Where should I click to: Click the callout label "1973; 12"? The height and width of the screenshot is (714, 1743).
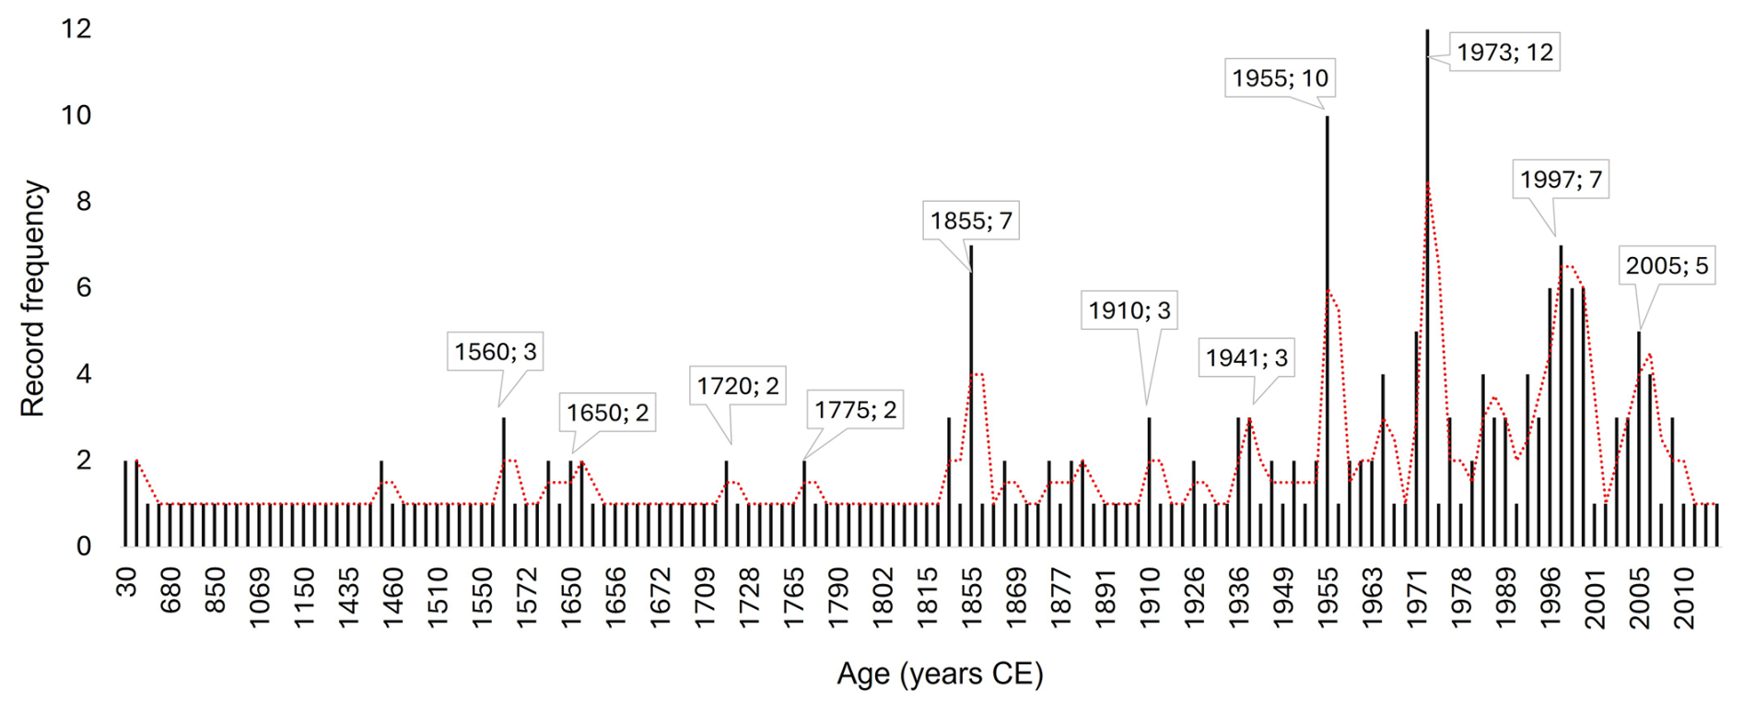tap(1505, 53)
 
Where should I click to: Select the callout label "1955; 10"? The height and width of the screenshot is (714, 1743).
tap(1281, 78)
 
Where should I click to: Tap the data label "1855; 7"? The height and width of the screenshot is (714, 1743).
tap(971, 221)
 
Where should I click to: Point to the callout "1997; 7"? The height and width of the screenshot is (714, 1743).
tap(1562, 179)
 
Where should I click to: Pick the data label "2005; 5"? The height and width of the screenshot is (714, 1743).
tap(1667, 266)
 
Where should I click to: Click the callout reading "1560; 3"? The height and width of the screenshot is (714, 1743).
tap(495, 351)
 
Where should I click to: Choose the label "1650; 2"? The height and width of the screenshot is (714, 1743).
tap(607, 413)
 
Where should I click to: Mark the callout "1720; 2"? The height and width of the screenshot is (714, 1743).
tap(738, 385)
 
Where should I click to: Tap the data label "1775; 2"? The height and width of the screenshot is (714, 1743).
tap(855, 409)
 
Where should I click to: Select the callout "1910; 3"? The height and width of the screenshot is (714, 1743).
tap(1129, 310)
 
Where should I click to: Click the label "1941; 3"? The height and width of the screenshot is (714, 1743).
tap(1246, 357)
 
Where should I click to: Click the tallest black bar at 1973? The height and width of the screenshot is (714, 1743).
tap(1427, 276)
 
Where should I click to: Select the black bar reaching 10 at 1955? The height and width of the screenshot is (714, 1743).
tap(1328, 322)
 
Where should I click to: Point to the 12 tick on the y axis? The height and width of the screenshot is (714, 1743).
tap(76, 29)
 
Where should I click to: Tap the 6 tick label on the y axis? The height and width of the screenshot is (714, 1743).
tap(84, 287)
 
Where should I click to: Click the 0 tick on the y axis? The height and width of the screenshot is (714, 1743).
tap(84, 546)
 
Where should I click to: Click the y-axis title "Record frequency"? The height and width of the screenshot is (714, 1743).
tap(32, 298)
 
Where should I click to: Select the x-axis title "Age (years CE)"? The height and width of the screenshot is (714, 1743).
tap(940, 674)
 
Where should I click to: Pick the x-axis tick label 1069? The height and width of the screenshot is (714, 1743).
tap(260, 598)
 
